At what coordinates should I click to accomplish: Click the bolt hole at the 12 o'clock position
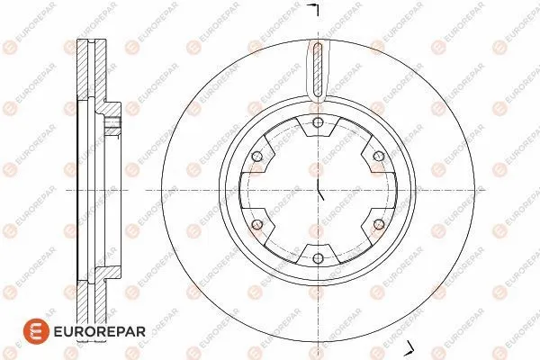(x=318, y=123)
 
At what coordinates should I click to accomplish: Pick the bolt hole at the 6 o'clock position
(x=318, y=258)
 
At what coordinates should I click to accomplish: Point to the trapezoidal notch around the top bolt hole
(x=318, y=130)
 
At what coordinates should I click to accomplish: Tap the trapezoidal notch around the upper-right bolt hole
(x=371, y=160)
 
